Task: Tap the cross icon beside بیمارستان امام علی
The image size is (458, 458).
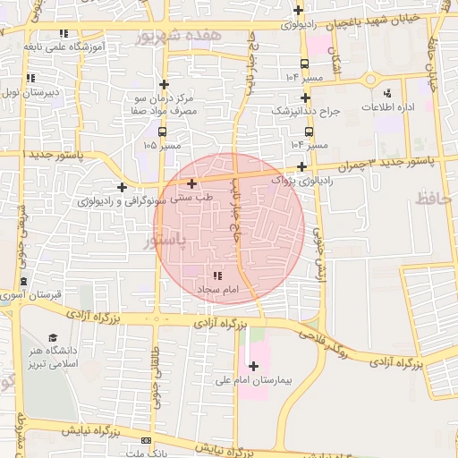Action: (x=254, y=365)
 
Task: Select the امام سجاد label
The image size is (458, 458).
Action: (x=217, y=291)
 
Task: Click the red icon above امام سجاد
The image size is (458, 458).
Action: (x=217, y=276)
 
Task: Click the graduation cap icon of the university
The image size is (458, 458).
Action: (x=53, y=336)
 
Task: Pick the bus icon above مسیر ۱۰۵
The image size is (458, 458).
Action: (x=162, y=131)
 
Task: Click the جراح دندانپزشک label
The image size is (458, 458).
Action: (x=306, y=112)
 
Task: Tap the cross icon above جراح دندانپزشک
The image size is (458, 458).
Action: (x=306, y=98)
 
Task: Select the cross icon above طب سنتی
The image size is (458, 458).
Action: (x=191, y=182)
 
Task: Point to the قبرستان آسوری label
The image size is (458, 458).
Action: (x=30, y=294)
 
